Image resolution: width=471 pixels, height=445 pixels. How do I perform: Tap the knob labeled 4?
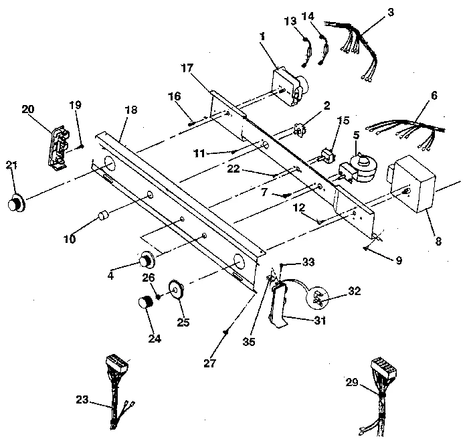[x=146, y=258]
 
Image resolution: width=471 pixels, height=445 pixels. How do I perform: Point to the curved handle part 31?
[x=280, y=304]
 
